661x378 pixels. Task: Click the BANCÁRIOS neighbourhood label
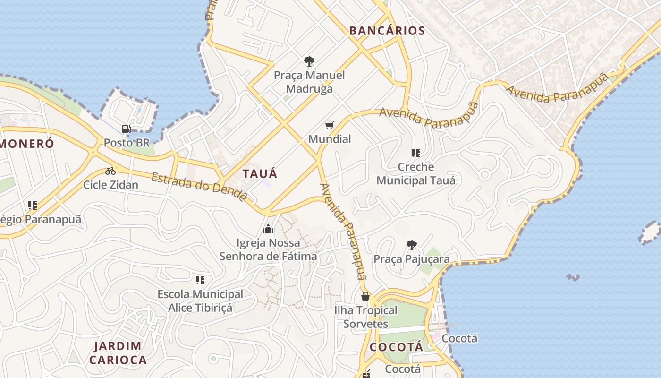pyautogui.click(x=387, y=31)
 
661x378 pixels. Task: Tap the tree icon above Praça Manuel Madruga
pyautogui.click(x=309, y=61)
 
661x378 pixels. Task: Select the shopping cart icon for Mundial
pyautogui.click(x=329, y=125)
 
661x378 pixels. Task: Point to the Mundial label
pyautogui.click(x=330, y=139)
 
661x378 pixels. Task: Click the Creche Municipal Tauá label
pyautogui.click(x=416, y=173)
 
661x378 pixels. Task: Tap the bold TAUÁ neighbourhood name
pyautogui.click(x=260, y=173)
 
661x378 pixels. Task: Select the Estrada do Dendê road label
pyautogui.click(x=199, y=187)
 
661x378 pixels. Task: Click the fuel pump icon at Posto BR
pyautogui.click(x=126, y=129)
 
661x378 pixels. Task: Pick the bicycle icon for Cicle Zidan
pyautogui.click(x=110, y=171)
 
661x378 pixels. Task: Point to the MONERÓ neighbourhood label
pyautogui.click(x=27, y=144)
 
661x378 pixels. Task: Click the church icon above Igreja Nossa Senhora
pyautogui.click(x=268, y=229)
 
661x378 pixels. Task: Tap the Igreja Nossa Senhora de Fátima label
pyautogui.click(x=268, y=249)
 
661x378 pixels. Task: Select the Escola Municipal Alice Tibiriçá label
pyautogui.click(x=200, y=301)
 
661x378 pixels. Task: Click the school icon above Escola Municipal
pyautogui.click(x=200, y=280)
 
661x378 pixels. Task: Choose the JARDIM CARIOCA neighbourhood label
pyautogui.click(x=118, y=352)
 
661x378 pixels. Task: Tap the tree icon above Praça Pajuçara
pyautogui.click(x=411, y=245)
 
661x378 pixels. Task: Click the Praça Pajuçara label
pyautogui.click(x=411, y=259)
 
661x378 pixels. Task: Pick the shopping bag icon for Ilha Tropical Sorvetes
pyautogui.click(x=365, y=297)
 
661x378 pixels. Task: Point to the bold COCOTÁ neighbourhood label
pyautogui.click(x=396, y=347)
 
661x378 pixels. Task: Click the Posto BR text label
pyautogui.click(x=126, y=142)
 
